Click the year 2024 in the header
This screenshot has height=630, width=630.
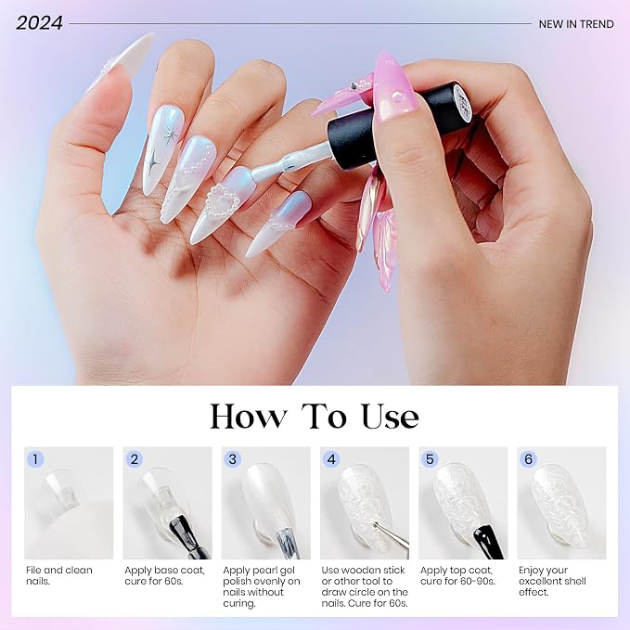(x=39, y=23)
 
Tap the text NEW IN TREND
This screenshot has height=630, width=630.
(x=576, y=24)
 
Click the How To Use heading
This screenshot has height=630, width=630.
(x=315, y=417)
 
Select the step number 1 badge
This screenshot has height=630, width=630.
(x=35, y=459)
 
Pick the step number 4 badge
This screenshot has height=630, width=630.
(x=331, y=459)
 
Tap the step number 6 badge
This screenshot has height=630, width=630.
(x=528, y=459)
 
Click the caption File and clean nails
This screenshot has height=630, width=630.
(x=59, y=575)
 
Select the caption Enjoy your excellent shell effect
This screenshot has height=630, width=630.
(x=552, y=581)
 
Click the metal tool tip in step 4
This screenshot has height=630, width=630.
(x=375, y=524)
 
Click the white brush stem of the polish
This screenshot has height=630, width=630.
(x=289, y=162)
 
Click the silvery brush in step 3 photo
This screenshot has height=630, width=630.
(x=288, y=544)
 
